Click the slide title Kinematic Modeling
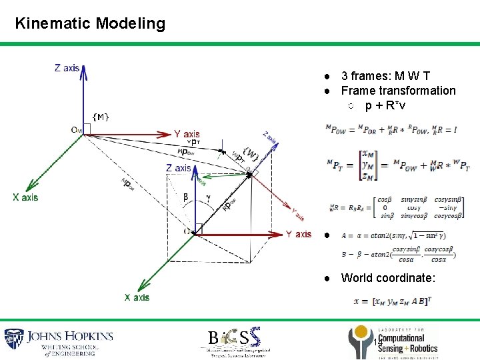click(90, 23)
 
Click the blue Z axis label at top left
click(67, 67)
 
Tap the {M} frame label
click(101, 117)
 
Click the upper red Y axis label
click(187, 134)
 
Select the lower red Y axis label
click(298, 234)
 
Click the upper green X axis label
click(25, 197)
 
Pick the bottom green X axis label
click(137, 297)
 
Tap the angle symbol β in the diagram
click(185, 197)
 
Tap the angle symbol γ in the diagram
click(209, 197)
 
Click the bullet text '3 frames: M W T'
click(385, 76)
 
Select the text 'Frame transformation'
click(398, 91)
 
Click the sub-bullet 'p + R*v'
click(385, 105)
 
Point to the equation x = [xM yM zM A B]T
click(393, 301)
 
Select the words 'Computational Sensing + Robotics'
click(407, 343)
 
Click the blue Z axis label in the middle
click(179, 167)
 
